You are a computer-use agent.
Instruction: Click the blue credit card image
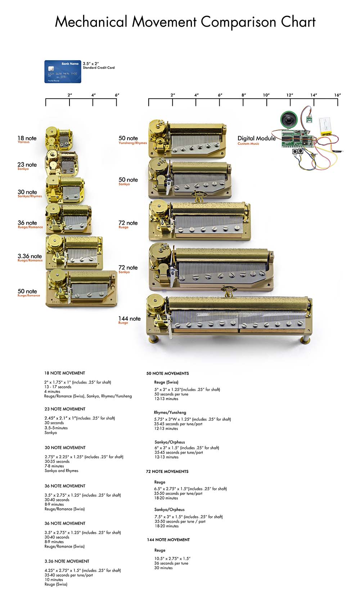(63, 72)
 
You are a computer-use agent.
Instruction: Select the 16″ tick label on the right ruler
(337, 95)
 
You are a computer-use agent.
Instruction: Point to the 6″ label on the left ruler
(117, 95)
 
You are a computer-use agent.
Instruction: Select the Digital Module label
(256, 138)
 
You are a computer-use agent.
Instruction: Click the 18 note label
(27, 138)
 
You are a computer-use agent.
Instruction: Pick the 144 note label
(129, 318)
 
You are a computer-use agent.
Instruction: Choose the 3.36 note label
(30, 256)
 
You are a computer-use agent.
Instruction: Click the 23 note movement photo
(61, 162)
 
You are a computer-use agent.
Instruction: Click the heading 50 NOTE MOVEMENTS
(167, 374)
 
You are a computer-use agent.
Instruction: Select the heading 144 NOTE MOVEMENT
(168, 540)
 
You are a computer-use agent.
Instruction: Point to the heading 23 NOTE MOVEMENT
(65, 409)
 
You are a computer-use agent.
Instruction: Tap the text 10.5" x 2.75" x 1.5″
(172, 559)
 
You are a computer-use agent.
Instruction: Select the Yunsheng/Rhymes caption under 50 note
(133, 143)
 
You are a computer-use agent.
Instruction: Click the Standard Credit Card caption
(99, 68)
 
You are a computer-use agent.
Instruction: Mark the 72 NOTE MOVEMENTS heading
(167, 471)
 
